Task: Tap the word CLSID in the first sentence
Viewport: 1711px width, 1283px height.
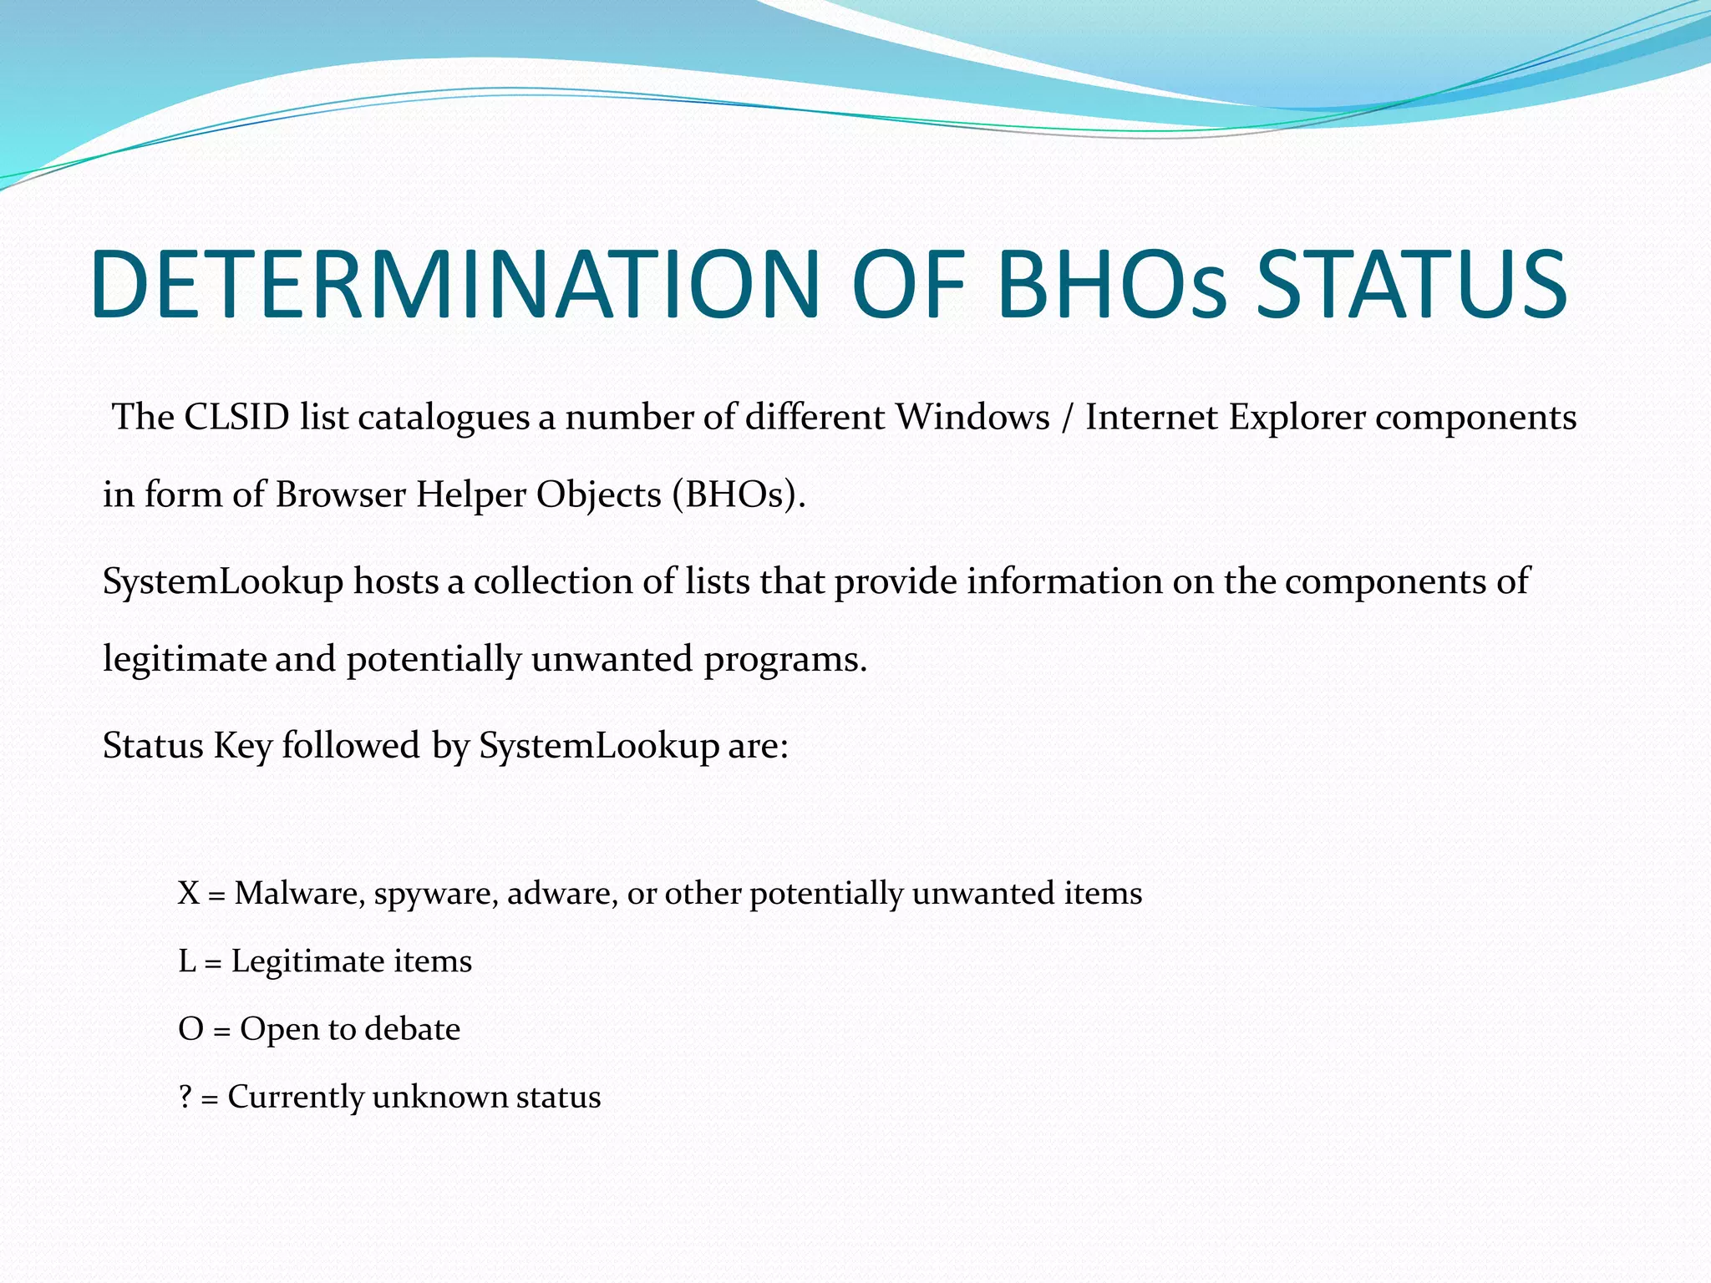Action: (236, 417)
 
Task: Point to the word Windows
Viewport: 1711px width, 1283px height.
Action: (972, 417)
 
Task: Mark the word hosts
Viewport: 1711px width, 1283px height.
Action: (395, 581)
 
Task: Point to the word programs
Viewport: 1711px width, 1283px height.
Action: (784, 660)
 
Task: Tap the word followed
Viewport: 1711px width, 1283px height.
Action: (351, 745)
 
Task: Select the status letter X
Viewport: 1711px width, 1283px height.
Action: (189, 894)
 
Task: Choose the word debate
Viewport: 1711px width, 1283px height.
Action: (413, 1029)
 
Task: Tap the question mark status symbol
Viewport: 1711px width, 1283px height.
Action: (185, 1097)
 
